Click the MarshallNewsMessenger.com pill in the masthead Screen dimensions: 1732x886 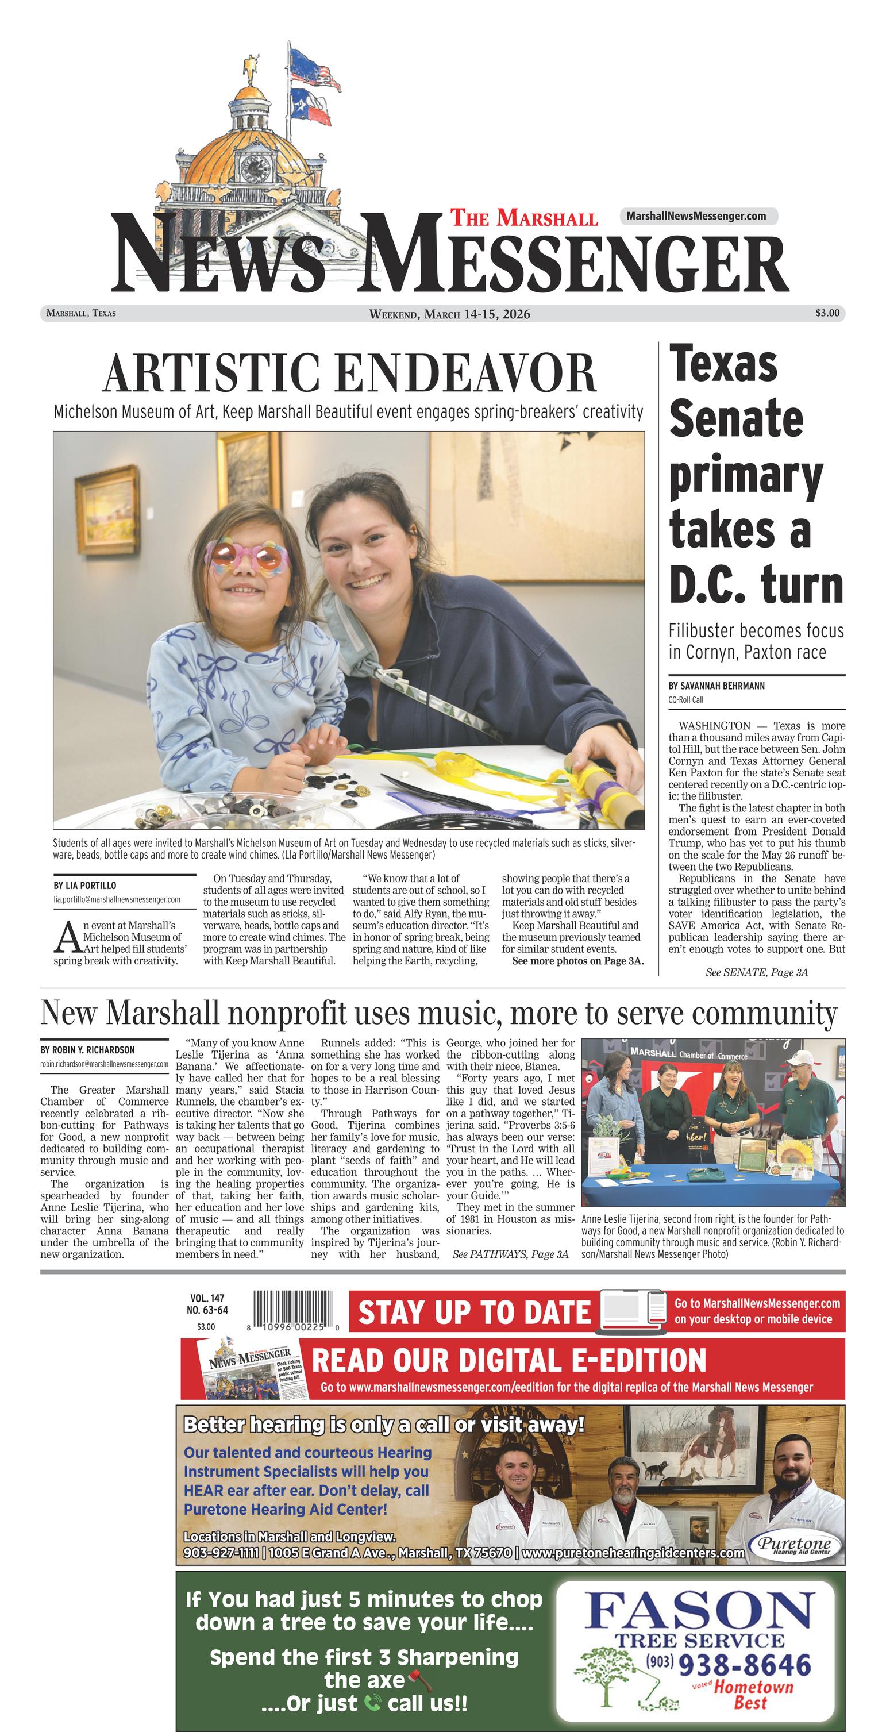coord(696,216)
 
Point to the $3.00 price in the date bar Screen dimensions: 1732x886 coord(827,313)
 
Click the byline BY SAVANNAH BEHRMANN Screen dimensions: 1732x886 coord(716,686)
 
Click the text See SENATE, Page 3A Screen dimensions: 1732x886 coord(756,972)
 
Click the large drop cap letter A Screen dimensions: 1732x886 coord(67,938)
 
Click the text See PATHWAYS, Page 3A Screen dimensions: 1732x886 coord(510,1254)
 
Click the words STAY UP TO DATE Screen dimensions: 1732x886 coord(474,1312)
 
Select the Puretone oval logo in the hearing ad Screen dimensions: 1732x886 coord(795,1546)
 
